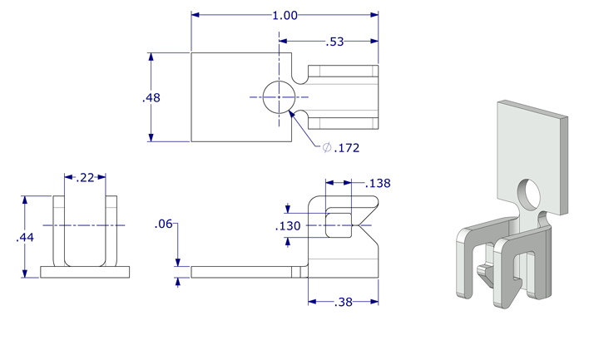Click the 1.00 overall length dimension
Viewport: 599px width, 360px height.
(x=285, y=15)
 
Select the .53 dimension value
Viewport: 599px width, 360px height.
(x=335, y=42)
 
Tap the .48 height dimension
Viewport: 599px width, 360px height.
(x=151, y=97)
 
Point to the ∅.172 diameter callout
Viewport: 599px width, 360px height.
(x=341, y=148)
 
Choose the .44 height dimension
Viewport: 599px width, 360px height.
(x=26, y=238)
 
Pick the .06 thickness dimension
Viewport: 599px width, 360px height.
(x=163, y=224)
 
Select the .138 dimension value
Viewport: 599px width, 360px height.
(x=377, y=183)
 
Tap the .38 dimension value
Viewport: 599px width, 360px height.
(x=344, y=302)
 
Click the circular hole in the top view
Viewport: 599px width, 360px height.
(x=277, y=97)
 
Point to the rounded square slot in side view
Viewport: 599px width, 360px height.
(x=338, y=224)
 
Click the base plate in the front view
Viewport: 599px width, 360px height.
(x=85, y=272)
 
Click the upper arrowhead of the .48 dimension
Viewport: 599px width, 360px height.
(x=151, y=58)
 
